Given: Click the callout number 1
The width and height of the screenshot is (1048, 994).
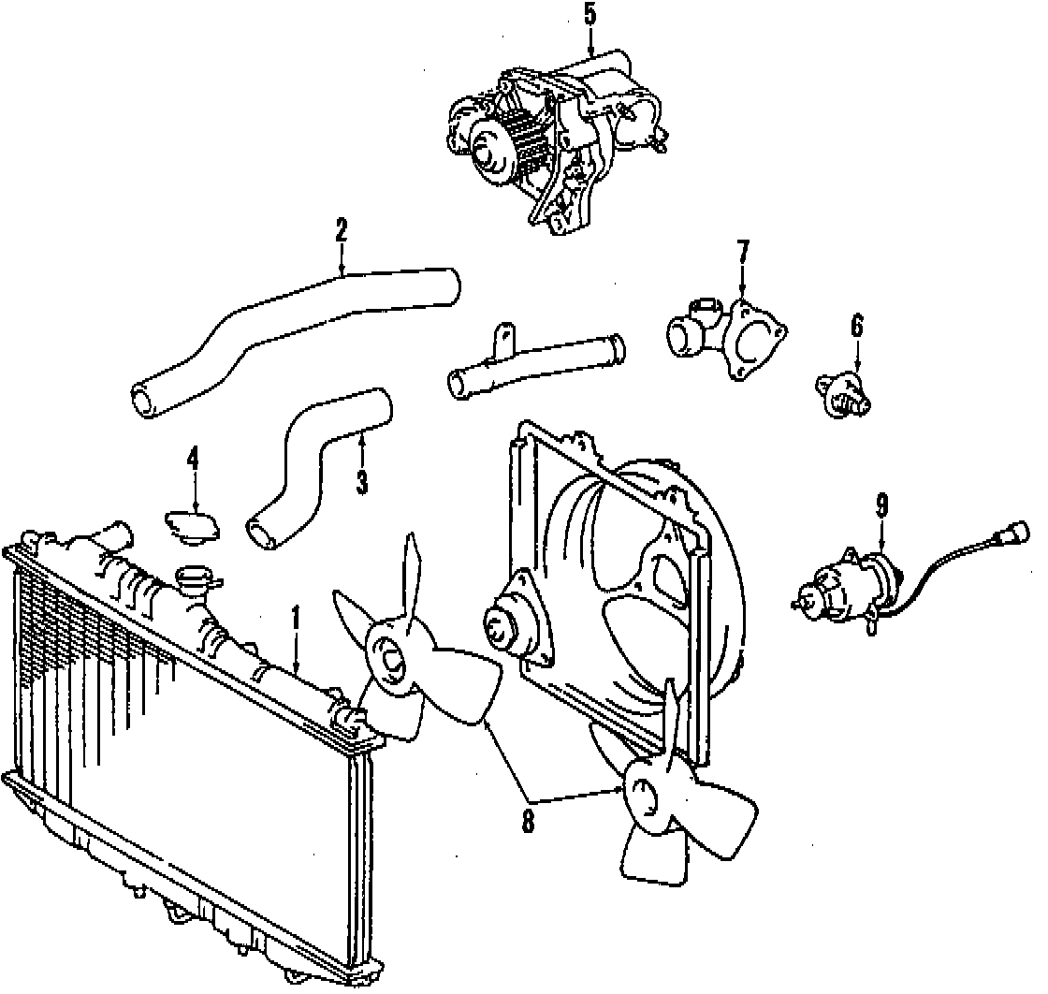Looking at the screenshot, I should (x=296, y=618).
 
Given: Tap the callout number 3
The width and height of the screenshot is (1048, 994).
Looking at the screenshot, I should (x=362, y=482).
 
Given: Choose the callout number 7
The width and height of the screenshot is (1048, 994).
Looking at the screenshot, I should (x=743, y=252).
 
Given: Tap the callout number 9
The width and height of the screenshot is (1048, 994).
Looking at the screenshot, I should (x=881, y=506).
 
